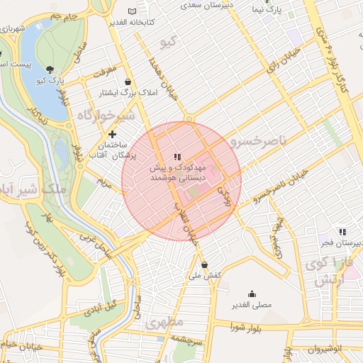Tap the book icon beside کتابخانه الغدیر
point(132,11)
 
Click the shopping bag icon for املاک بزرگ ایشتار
point(127,82)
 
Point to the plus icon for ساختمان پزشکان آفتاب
point(112,133)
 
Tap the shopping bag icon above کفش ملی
point(205,264)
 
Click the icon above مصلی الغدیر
point(252,294)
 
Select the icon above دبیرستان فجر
point(343,232)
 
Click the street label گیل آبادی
point(101,308)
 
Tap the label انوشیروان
point(324,350)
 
